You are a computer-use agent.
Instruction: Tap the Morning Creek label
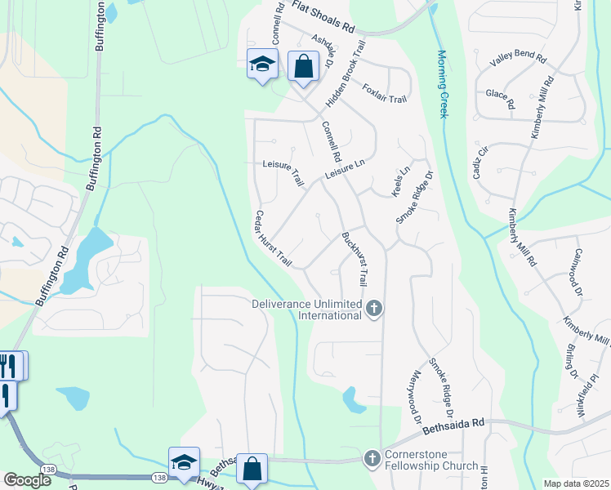coord(442,83)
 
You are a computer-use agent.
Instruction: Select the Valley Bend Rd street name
coord(517,58)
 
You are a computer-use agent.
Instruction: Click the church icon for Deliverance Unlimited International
coord(374,309)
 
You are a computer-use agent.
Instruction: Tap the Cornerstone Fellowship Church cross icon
coord(373,457)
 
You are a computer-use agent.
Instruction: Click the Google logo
coord(27,480)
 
